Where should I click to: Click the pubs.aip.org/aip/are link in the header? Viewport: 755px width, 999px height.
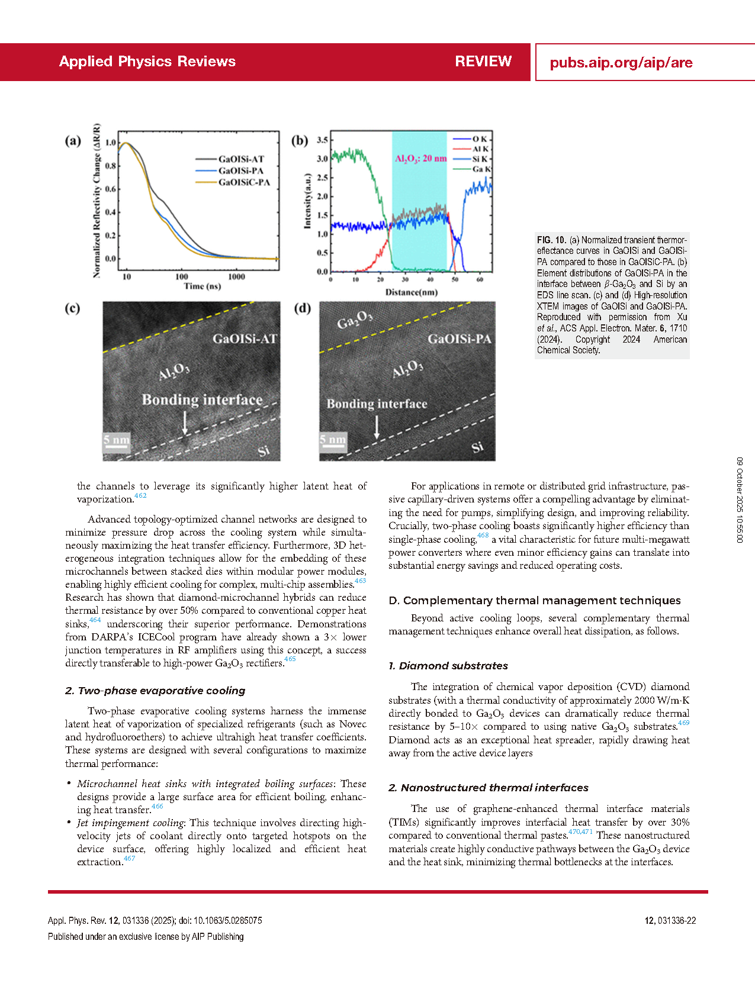click(x=621, y=63)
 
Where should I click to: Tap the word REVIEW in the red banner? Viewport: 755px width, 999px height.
click(x=483, y=62)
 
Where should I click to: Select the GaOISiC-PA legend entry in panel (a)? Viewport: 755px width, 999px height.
click(x=244, y=182)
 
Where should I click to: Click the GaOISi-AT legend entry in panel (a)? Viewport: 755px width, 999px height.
click(x=241, y=159)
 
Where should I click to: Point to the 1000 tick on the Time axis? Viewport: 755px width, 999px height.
click(x=236, y=276)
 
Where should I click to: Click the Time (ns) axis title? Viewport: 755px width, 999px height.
click(x=203, y=286)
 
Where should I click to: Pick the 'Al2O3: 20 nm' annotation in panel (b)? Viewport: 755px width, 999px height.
click(x=420, y=159)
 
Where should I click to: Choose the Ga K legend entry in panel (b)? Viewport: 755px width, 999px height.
click(x=481, y=169)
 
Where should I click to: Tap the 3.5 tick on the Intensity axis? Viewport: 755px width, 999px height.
click(x=322, y=140)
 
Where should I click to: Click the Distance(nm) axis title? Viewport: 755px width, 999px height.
click(x=412, y=292)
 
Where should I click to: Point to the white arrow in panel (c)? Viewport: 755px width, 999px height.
click(x=185, y=423)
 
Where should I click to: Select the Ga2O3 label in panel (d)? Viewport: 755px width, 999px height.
click(x=355, y=320)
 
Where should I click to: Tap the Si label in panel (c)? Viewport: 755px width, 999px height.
click(x=264, y=452)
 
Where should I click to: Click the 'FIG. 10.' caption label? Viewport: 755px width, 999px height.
click(x=551, y=240)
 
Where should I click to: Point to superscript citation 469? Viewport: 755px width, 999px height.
click(x=683, y=723)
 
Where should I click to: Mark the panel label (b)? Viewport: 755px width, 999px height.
click(x=300, y=141)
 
